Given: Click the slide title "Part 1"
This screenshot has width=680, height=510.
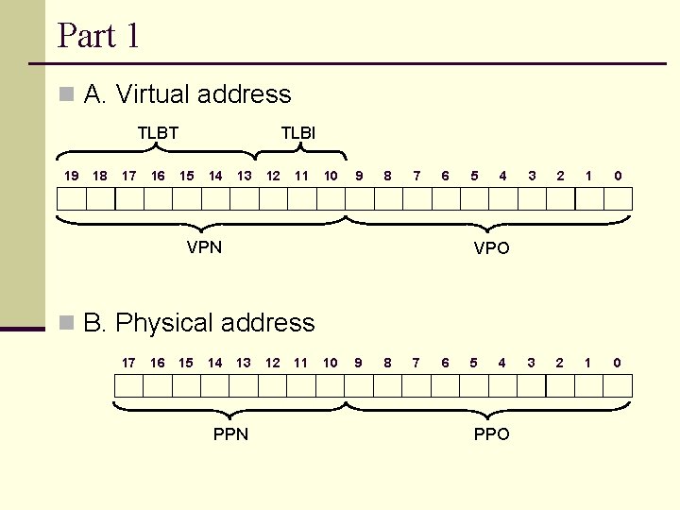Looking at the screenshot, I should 99,36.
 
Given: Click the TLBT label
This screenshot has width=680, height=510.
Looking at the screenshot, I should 158,133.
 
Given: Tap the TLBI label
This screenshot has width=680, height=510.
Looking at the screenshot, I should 298,133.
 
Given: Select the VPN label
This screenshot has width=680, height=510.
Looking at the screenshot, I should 204,247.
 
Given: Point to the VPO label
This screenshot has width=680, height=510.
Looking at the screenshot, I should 491,248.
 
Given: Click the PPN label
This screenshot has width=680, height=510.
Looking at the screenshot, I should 230,433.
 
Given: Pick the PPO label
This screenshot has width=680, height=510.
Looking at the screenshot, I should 491,433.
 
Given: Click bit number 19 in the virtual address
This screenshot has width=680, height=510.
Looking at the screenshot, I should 71,175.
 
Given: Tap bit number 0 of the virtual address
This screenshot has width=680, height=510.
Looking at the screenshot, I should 618,175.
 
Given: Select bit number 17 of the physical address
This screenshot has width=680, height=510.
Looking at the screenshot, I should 128,362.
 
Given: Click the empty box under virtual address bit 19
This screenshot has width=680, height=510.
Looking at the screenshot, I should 72,199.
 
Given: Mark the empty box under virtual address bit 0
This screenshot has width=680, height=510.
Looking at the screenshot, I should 618,199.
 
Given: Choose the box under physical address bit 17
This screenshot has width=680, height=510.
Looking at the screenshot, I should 128,385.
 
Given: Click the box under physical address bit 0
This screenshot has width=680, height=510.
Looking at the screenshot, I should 618,385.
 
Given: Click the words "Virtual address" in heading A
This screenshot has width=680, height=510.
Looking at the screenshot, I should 203,94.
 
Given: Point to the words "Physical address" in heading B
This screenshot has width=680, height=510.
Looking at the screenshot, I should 214,323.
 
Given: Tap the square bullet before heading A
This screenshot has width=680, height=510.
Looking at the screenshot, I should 65,94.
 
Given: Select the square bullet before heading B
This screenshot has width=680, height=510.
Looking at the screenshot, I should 65,323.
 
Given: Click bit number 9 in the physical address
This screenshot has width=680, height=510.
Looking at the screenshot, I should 358,362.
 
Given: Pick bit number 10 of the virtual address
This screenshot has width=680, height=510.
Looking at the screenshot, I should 331,175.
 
